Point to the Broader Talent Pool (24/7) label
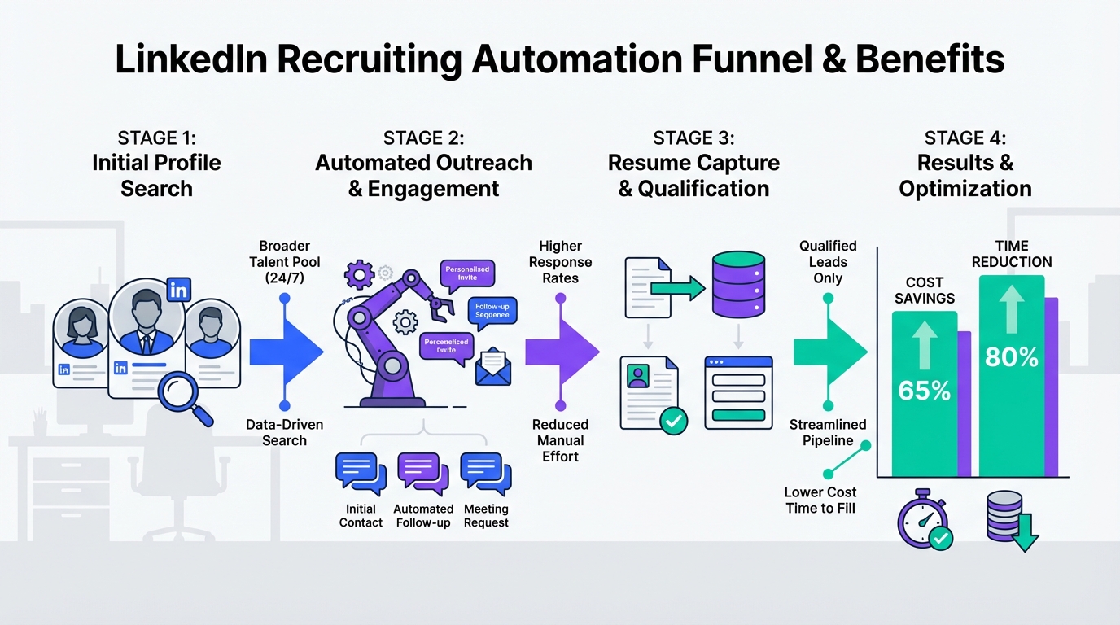click(285, 261)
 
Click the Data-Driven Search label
click(285, 432)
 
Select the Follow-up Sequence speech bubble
click(492, 310)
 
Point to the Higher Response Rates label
click(560, 261)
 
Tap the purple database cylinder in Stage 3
click(740, 285)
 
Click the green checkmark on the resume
click(673, 420)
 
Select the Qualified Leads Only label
click(828, 261)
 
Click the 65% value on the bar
click(924, 391)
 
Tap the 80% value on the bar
click(1011, 356)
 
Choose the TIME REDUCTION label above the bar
click(1012, 254)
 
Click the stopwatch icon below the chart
click(924, 521)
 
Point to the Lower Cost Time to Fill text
click(820, 500)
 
